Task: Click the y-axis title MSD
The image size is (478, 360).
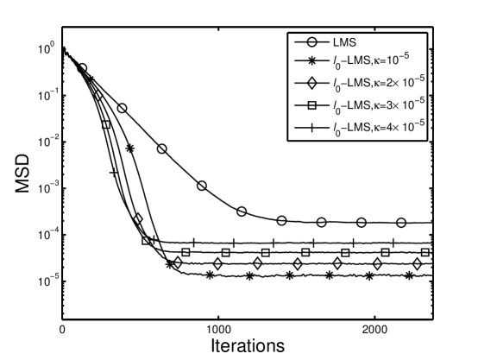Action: coord(16,161)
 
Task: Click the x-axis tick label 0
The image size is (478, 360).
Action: coord(62,330)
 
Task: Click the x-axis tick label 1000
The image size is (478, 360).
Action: coord(218,330)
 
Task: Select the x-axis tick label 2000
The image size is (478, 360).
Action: coord(374,330)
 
